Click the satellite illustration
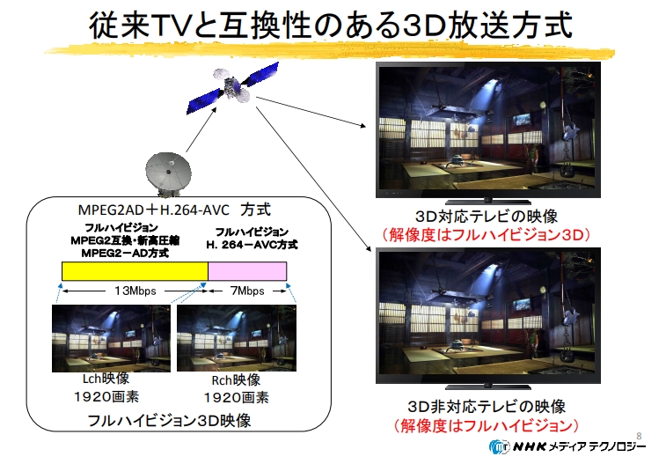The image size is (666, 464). [233, 87]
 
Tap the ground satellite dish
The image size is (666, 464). [168, 174]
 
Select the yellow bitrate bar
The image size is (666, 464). [135, 271]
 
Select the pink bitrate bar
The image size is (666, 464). [247, 271]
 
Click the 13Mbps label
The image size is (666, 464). [135, 291]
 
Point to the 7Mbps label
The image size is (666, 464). [247, 291]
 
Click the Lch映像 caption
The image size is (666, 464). [106, 379]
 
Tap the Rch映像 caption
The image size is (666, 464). [236, 379]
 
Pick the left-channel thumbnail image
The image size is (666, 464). [111, 338]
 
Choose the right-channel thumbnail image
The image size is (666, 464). [237, 338]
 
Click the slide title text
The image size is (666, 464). [331, 25]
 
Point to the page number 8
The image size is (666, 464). [639, 436]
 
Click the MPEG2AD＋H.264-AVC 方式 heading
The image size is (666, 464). [174, 210]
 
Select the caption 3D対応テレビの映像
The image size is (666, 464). [487, 217]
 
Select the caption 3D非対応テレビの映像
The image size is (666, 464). [487, 407]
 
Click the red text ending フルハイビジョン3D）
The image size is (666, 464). [487, 234]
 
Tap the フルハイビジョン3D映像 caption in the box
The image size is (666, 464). [169, 421]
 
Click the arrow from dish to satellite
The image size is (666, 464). [201, 129]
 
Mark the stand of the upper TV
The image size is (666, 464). [488, 201]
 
